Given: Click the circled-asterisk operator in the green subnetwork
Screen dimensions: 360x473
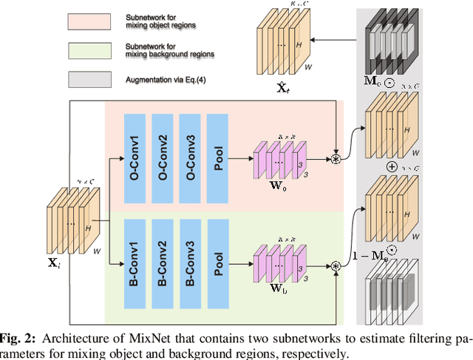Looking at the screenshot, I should coord(335,267).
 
